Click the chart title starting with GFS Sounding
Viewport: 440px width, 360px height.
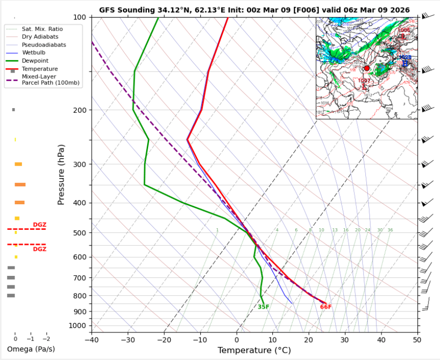click(x=254, y=10)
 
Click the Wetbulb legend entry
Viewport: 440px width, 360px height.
click(x=33, y=52)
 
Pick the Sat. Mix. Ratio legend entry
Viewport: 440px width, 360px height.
click(x=40, y=29)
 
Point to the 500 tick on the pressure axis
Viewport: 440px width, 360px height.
click(x=80, y=233)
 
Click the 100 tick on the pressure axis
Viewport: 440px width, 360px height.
click(x=80, y=18)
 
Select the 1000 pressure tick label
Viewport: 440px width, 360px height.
click(x=78, y=325)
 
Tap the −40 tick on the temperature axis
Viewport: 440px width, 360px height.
click(x=91, y=340)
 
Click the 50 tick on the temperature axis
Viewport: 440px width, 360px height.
click(x=417, y=340)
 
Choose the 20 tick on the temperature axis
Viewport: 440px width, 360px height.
click(x=308, y=340)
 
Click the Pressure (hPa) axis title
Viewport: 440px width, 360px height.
click(x=62, y=174)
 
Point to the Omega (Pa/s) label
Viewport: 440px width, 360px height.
click(x=31, y=349)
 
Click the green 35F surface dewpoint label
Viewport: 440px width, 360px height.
click(x=264, y=307)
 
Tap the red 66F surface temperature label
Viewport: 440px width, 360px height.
click(x=326, y=307)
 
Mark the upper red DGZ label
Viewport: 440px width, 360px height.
click(x=40, y=225)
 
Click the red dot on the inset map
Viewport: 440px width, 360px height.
click(x=366, y=68)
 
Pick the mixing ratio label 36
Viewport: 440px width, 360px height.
click(x=390, y=230)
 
